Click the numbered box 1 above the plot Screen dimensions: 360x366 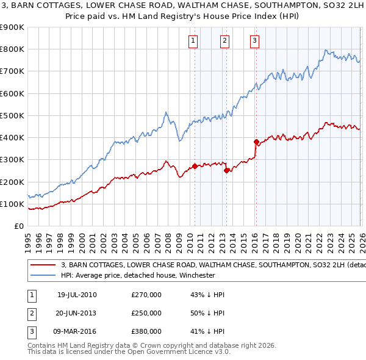pos(193,41)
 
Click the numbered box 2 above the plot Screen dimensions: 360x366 pos(224,41)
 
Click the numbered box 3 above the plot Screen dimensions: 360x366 pos(254,41)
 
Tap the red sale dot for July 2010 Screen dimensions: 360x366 pos(195,166)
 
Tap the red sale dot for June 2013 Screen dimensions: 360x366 pos(226,171)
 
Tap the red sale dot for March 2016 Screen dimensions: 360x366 pos(256,142)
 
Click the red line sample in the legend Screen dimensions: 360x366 pos(43,265)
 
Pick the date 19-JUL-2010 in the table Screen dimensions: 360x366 pos(77,295)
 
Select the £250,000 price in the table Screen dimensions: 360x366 pos(146,313)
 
